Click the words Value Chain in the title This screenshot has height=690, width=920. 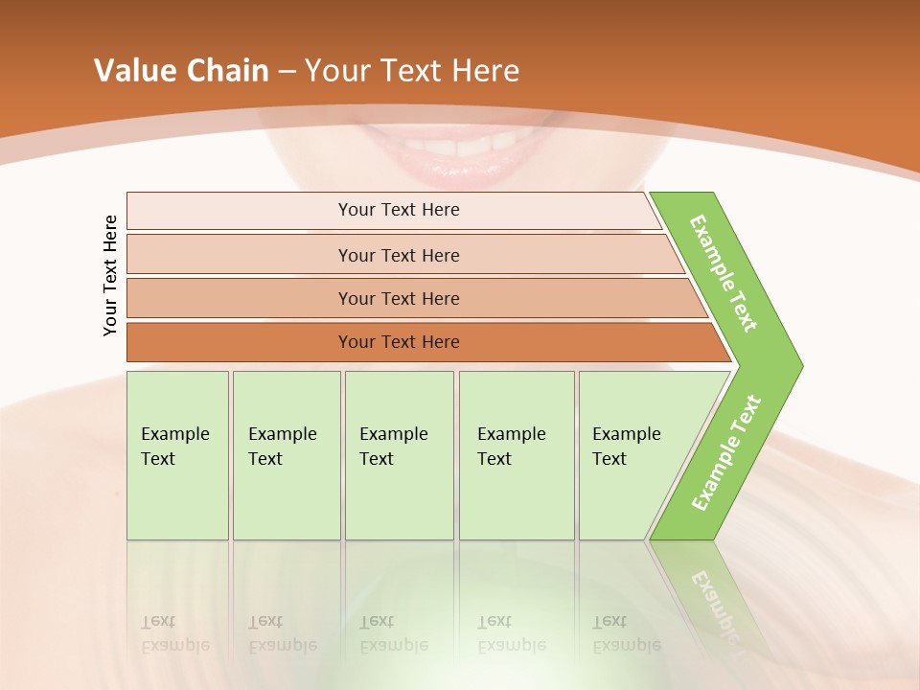click(181, 71)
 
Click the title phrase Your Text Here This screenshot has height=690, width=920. click(412, 71)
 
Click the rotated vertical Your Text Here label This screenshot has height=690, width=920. click(110, 275)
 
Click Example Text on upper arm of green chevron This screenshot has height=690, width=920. click(724, 273)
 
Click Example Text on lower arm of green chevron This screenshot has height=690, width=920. click(726, 452)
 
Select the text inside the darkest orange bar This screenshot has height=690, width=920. click(399, 342)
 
